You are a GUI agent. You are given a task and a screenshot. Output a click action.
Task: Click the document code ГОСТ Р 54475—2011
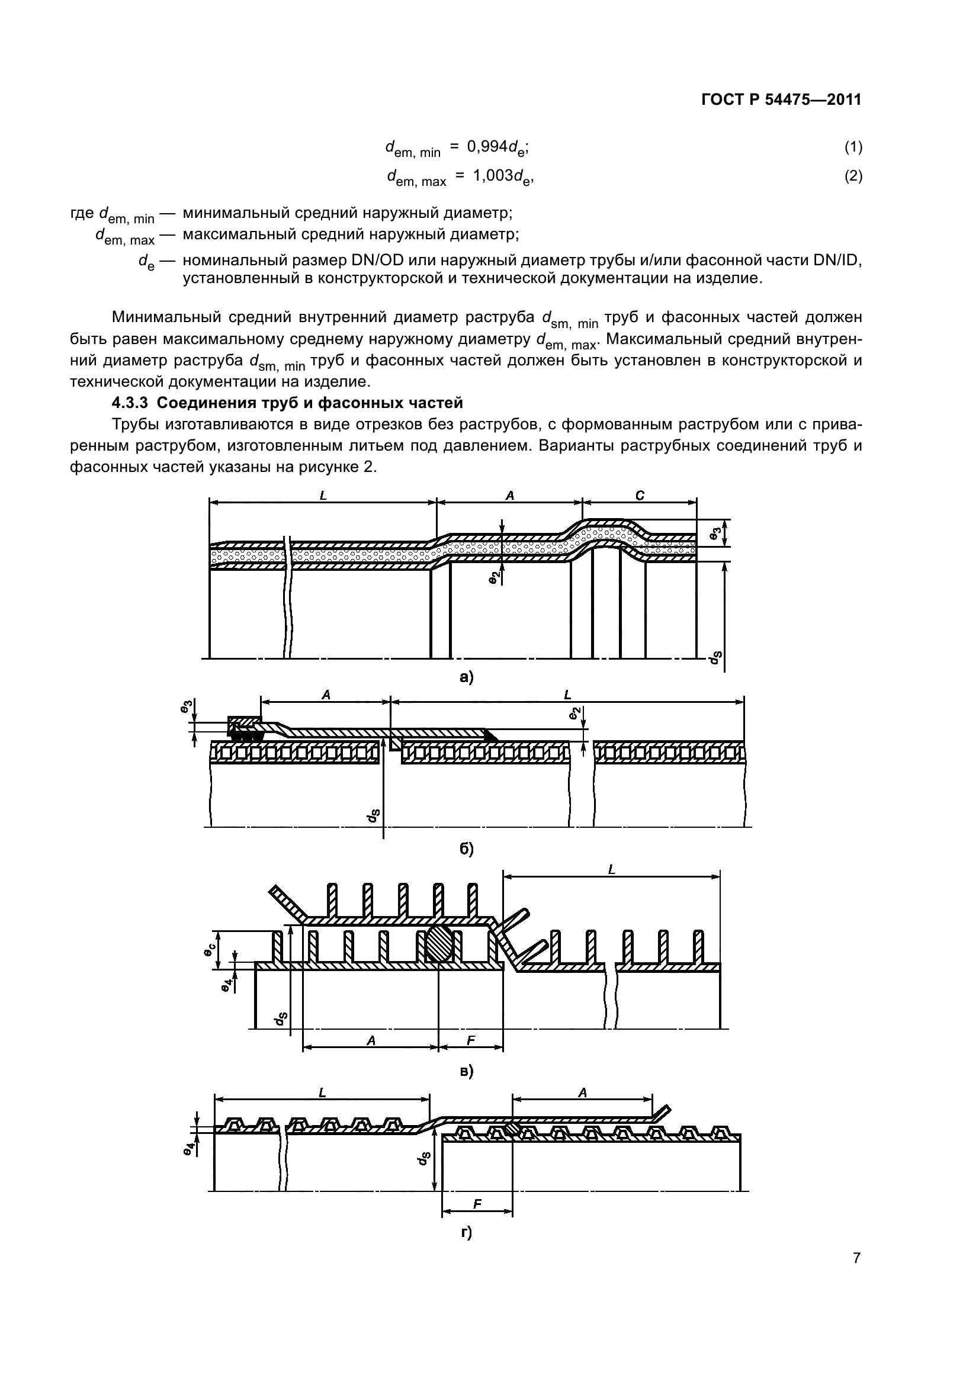[x=781, y=100]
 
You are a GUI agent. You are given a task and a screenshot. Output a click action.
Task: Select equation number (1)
[x=853, y=147]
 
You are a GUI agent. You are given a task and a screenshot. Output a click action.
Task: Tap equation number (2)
[x=853, y=176]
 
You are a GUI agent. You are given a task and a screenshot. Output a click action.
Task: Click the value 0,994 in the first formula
[x=488, y=147]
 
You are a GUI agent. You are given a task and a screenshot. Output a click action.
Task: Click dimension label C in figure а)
[x=640, y=496]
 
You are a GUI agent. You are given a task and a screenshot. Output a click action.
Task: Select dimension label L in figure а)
[x=323, y=496]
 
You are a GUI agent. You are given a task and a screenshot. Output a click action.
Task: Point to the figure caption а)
[x=466, y=677]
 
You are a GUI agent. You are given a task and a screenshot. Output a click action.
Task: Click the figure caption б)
[x=466, y=849]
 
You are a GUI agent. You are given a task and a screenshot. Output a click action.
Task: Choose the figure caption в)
[x=466, y=1071]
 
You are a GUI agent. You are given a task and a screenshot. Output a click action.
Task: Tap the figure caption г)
[x=466, y=1233]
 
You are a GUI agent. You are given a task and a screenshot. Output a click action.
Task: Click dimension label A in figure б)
[x=326, y=696]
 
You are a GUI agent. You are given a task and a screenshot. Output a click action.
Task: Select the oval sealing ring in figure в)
[x=439, y=945]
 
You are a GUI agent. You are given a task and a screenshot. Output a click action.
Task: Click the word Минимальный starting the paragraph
[x=159, y=317]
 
